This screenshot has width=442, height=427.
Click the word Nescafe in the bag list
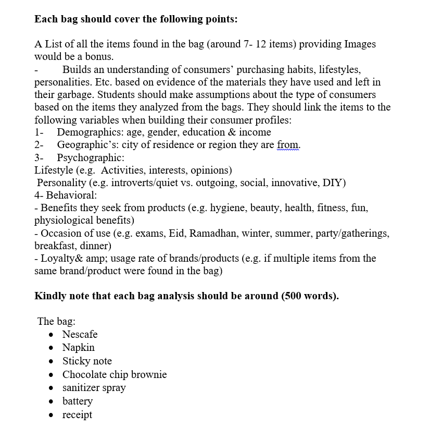point(80,334)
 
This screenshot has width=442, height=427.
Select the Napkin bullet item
point(78,348)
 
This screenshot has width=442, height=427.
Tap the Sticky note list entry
point(87,361)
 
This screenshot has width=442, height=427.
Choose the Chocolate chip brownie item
point(115,374)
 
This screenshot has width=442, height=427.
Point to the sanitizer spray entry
point(94,388)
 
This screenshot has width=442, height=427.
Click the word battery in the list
point(77,401)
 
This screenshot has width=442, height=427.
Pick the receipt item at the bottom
point(77,415)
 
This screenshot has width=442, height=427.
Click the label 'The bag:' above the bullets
point(56,321)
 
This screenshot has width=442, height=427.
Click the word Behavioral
point(71,196)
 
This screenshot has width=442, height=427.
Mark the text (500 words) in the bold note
point(309,296)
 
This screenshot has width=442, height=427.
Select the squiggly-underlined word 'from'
point(288,145)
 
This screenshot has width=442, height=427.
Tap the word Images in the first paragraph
point(360,44)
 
